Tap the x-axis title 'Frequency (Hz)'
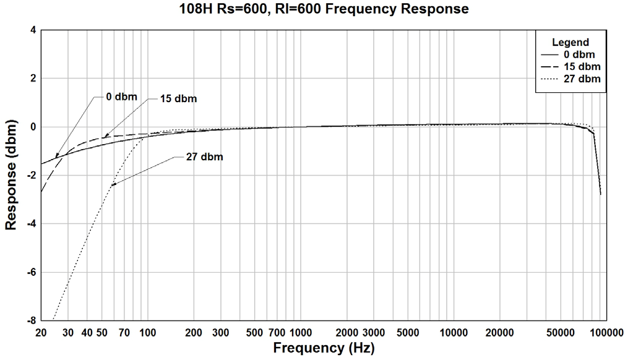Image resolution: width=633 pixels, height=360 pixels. click(x=323, y=348)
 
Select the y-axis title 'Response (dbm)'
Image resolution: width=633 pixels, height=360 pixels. click(x=11, y=174)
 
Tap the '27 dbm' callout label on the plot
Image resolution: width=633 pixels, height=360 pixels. click(x=205, y=157)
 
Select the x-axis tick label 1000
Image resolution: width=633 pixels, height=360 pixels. click(x=299, y=332)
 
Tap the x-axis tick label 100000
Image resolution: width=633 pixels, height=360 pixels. click(x=604, y=332)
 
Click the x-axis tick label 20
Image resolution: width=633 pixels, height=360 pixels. click(x=41, y=332)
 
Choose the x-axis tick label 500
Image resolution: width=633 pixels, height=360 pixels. click(x=254, y=332)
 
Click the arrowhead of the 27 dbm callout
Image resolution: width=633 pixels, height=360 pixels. click(x=112, y=184)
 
